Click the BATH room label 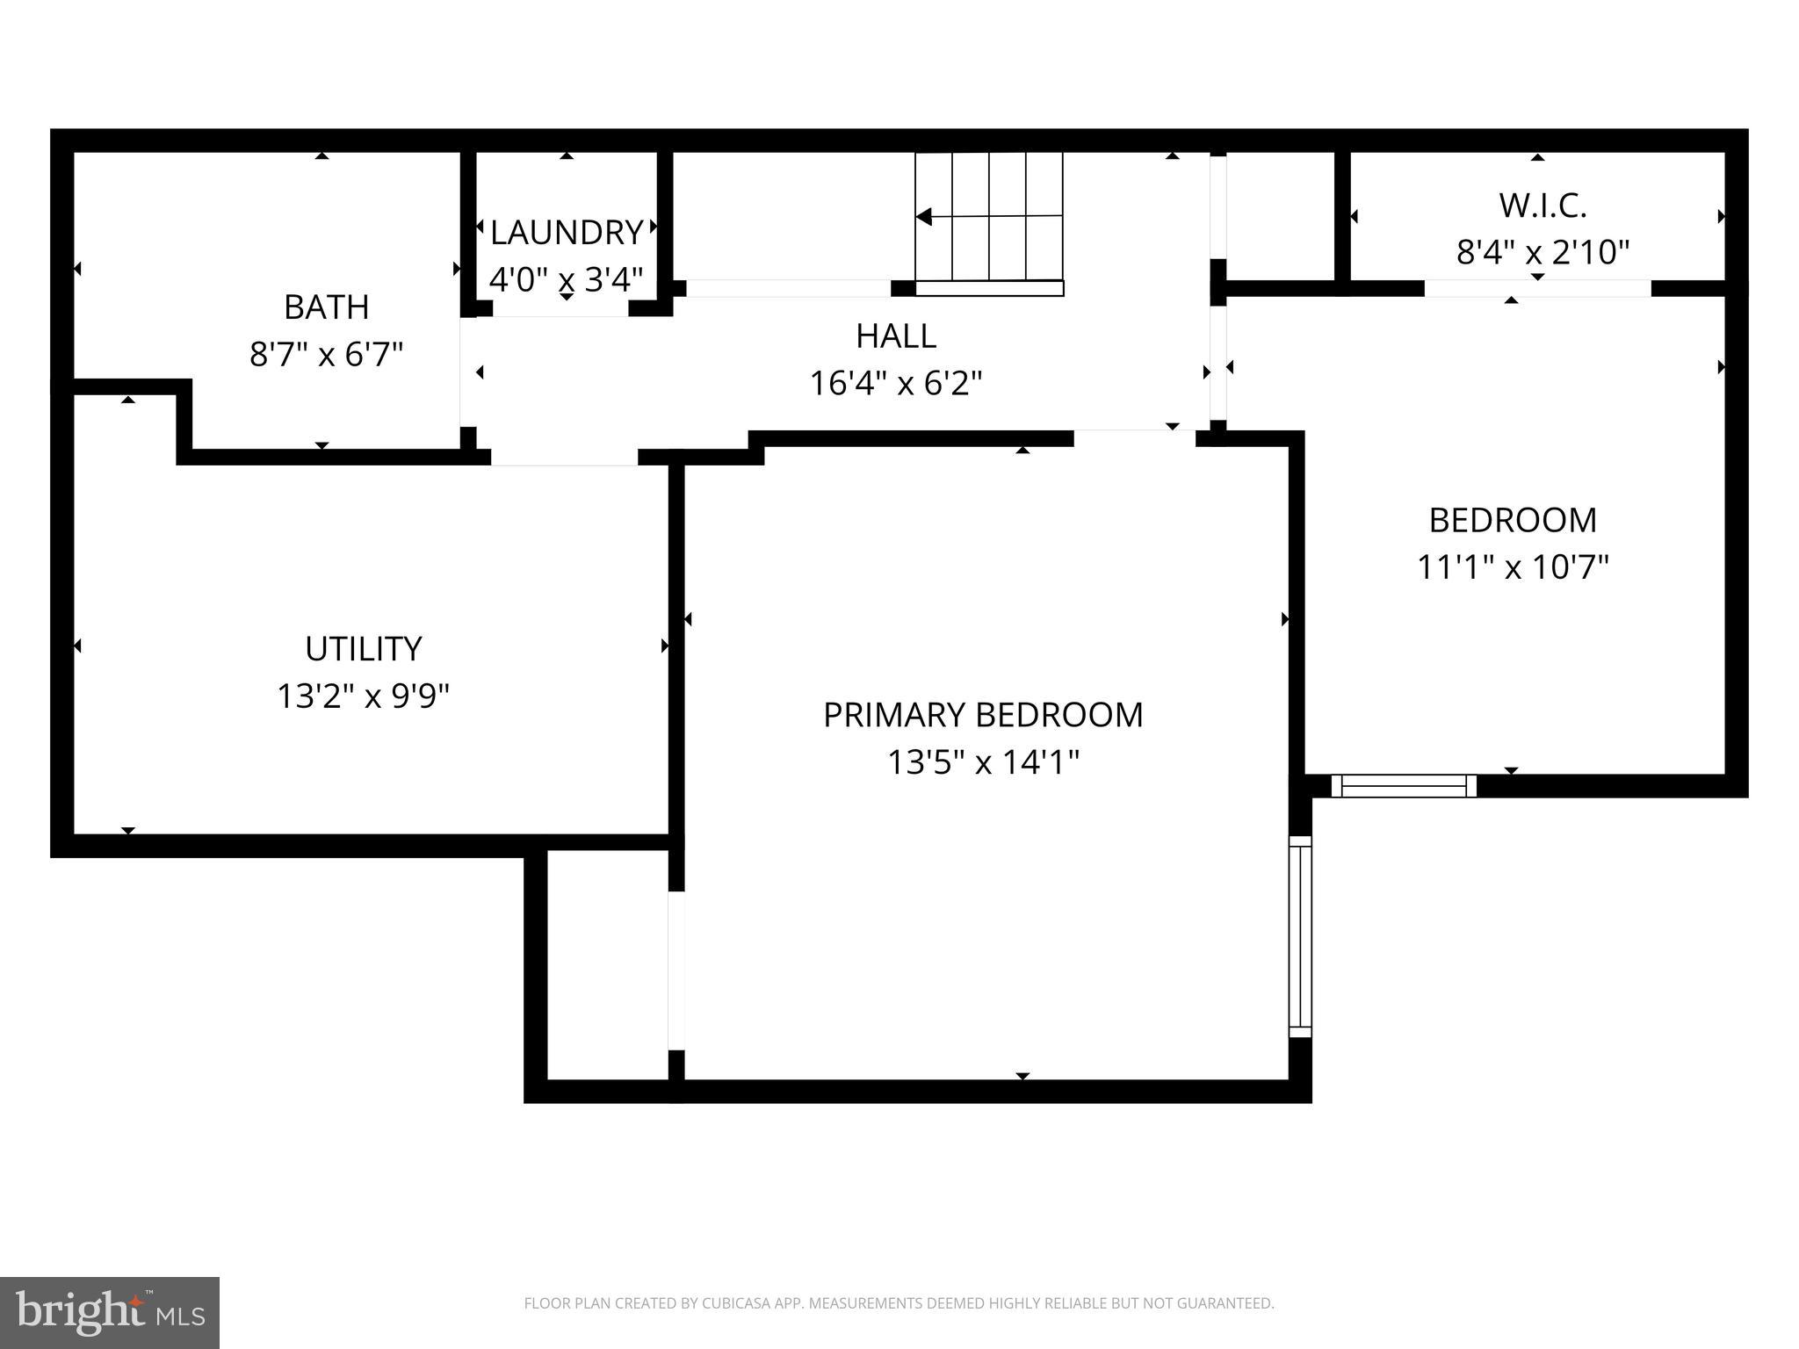coord(326,307)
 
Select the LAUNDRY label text coord(567,233)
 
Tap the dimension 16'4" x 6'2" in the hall coord(895,384)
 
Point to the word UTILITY coord(363,649)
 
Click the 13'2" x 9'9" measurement coord(363,696)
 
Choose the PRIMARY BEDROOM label coord(982,715)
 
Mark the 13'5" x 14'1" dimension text coord(982,762)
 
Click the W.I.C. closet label coord(1542,206)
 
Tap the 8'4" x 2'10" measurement coord(1542,253)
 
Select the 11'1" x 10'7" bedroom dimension coord(1512,567)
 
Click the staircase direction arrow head coord(923,216)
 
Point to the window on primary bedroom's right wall coord(1300,936)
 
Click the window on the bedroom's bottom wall coord(1404,785)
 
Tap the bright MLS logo coord(109,1312)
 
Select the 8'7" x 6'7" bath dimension coord(326,355)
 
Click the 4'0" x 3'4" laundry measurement coord(567,280)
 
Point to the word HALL coord(895,335)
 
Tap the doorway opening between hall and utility coord(564,457)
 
